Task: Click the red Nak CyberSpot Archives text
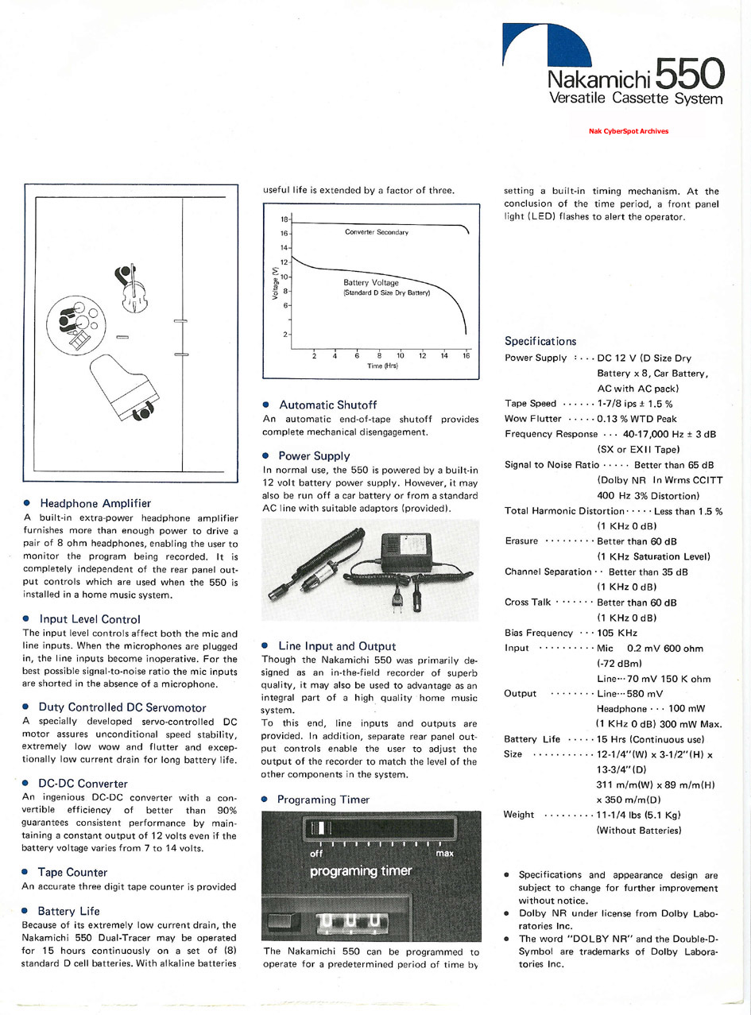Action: coord(629,131)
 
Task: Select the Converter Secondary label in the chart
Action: coord(376,232)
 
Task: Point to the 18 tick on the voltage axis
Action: coord(285,218)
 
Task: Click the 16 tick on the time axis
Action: coord(466,355)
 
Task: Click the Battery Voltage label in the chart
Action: coord(371,282)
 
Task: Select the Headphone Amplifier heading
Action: coord(95,503)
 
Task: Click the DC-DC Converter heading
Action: coord(83,784)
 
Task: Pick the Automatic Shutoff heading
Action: coord(327,405)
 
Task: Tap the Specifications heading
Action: coord(540,341)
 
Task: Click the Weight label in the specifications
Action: coord(520,815)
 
